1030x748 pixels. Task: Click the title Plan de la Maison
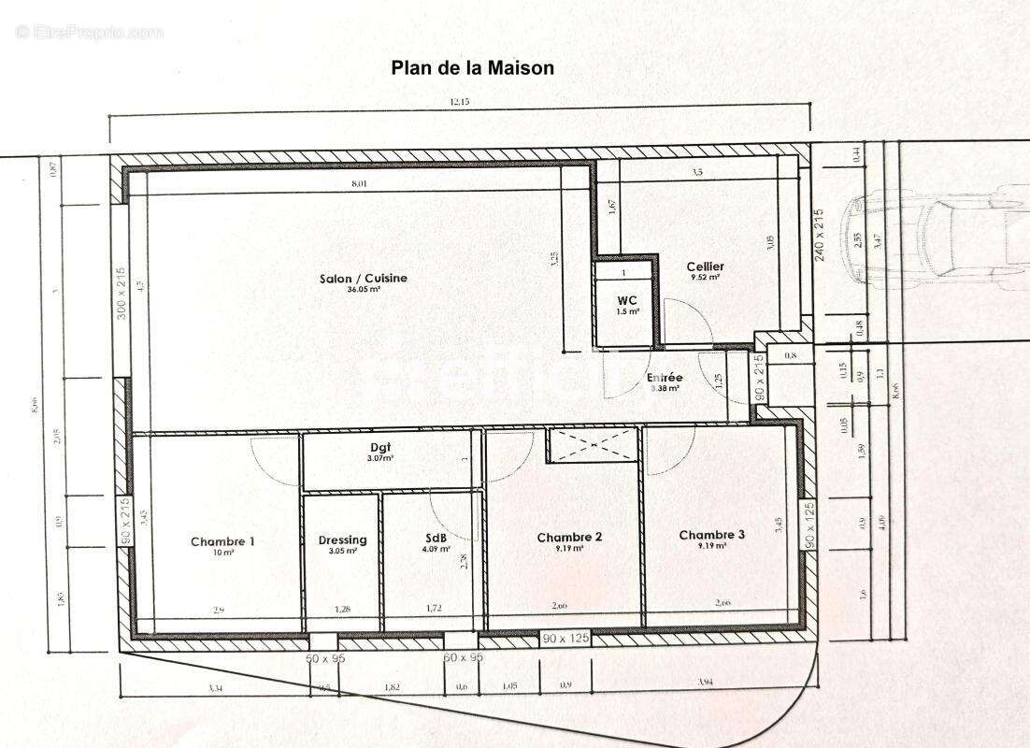coord(472,68)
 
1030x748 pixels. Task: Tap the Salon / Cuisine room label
coord(364,278)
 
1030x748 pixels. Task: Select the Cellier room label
coord(705,266)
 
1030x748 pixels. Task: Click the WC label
coord(626,300)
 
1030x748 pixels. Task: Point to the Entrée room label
coord(664,378)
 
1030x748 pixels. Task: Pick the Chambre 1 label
coord(222,541)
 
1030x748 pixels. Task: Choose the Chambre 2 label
coord(569,537)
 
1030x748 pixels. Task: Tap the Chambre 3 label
coord(712,535)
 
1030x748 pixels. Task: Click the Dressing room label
coord(342,539)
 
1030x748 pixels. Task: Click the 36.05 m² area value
coord(364,290)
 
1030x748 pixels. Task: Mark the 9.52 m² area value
coord(705,278)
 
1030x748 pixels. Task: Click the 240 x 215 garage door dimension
coord(819,234)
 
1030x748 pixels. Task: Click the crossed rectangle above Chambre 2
coord(593,445)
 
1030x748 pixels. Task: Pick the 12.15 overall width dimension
coord(459,102)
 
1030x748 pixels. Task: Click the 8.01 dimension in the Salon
coord(359,184)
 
